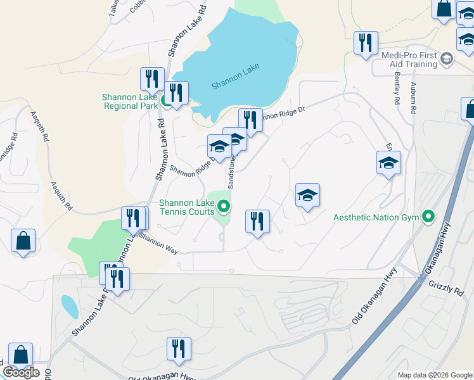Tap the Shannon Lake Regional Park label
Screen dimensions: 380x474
click(129, 101)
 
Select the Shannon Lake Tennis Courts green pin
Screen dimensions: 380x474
click(223, 206)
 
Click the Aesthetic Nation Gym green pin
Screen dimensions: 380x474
click(429, 217)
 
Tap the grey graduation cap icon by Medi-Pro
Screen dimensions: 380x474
click(447, 60)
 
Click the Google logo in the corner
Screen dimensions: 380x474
click(21, 372)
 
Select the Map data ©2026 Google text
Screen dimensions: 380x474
click(434, 375)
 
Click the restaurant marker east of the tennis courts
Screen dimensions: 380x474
click(257, 222)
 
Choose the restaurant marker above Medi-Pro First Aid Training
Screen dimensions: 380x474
click(366, 43)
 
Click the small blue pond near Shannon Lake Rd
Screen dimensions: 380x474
click(70, 307)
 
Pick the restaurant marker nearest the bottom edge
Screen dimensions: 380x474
click(179, 349)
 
